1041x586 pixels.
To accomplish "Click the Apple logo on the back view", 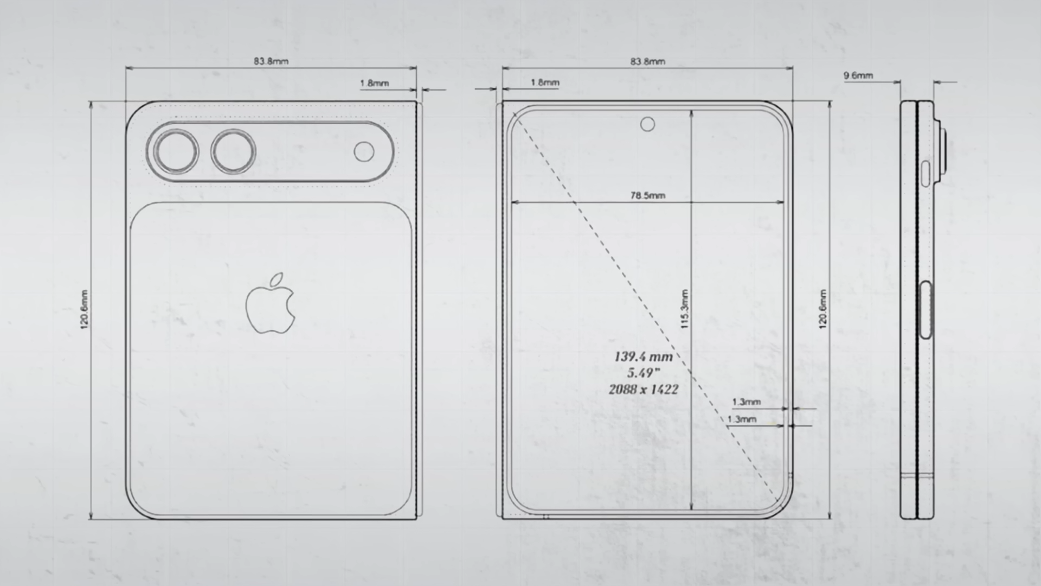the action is pyautogui.click(x=271, y=304).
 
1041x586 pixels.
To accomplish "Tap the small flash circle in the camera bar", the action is pyautogui.click(x=364, y=152).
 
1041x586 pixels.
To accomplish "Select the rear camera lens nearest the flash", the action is pyautogui.click(x=233, y=151).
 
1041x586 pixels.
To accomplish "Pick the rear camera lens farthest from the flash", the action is pyautogui.click(x=176, y=151).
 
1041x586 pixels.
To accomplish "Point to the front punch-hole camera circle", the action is pyautogui.click(x=647, y=125).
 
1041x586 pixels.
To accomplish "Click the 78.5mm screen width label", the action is pyautogui.click(x=647, y=195).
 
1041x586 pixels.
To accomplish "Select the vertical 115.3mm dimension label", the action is pyautogui.click(x=684, y=309).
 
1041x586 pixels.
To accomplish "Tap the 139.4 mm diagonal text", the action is pyautogui.click(x=644, y=356).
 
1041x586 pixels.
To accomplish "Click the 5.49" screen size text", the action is pyautogui.click(x=644, y=373).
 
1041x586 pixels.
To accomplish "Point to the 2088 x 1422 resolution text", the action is pyautogui.click(x=644, y=389).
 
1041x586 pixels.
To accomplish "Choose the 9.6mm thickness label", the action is pyautogui.click(x=858, y=75).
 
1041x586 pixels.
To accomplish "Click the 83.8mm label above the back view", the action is pyautogui.click(x=271, y=61).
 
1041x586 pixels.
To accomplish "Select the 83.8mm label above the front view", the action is pyautogui.click(x=647, y=61).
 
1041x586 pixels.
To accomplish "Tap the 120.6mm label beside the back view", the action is pyautogui.click(x=84, y=309).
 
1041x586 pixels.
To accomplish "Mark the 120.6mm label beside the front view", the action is pyautogui.click(x=823, y=309).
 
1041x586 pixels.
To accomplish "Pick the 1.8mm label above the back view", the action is pyautogui.click(x=374, y=83).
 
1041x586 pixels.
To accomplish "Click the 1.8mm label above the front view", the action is pyautogui.click(x=545, y=82).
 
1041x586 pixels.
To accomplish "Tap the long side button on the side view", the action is pyautogui.click(x=926, y=310).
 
